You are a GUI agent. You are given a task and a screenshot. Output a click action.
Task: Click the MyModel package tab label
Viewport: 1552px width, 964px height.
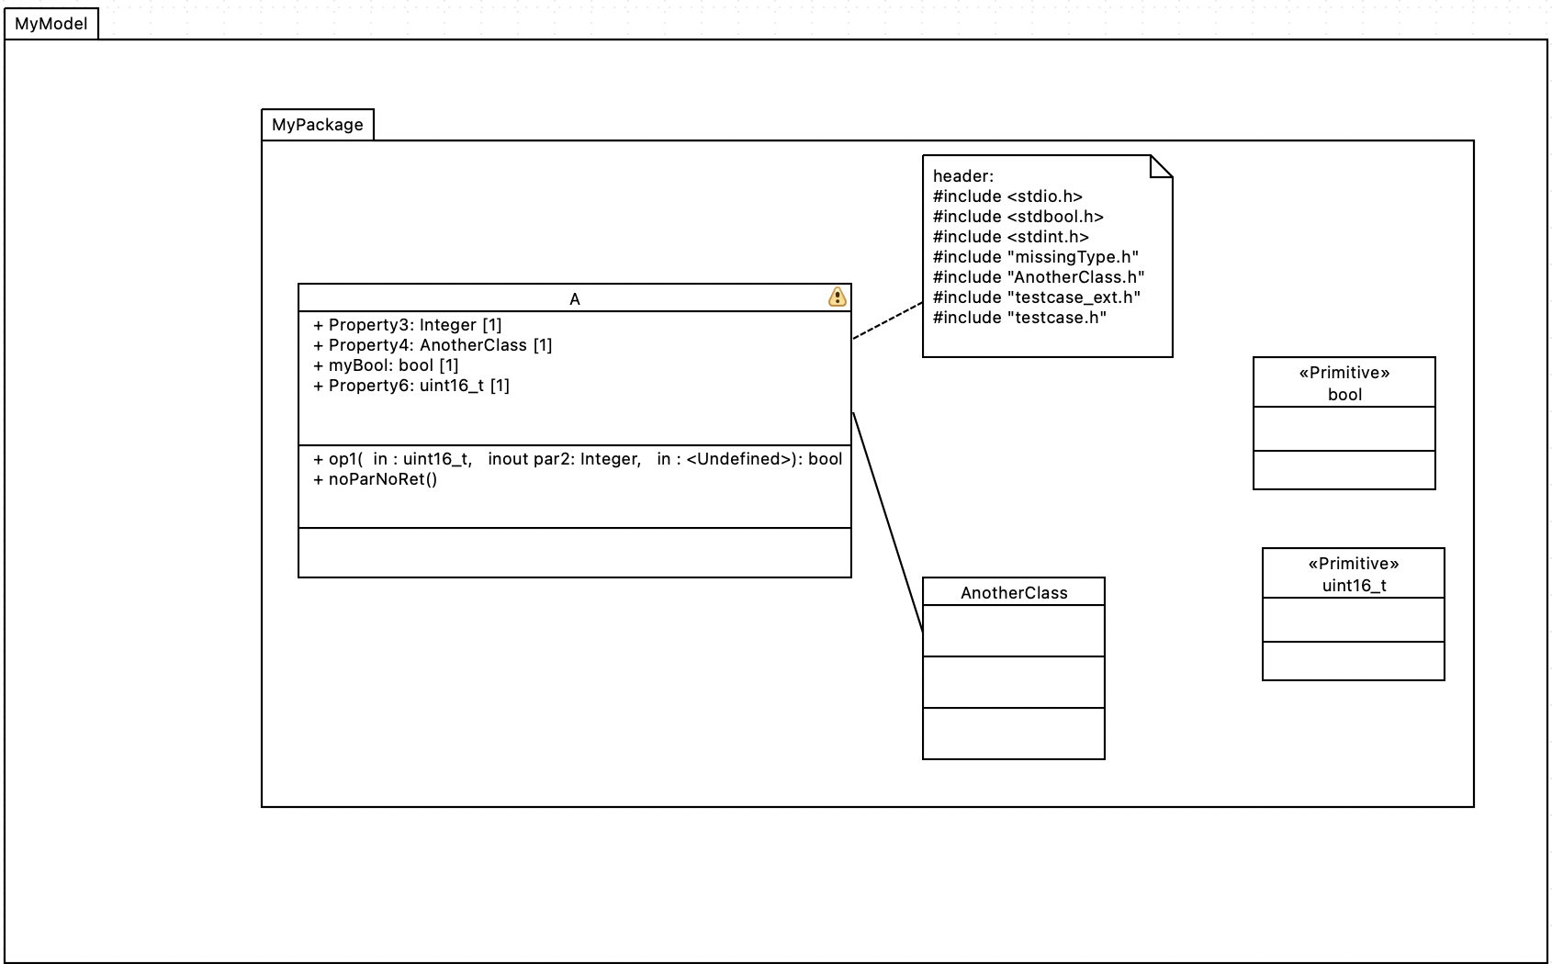click(51, 24)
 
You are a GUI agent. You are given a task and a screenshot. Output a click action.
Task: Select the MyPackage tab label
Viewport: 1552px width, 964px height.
click(317, 125)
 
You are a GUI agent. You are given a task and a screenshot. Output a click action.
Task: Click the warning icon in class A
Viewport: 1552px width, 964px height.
click(837, 297)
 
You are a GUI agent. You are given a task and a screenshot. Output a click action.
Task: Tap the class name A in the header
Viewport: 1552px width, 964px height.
click(575, 299)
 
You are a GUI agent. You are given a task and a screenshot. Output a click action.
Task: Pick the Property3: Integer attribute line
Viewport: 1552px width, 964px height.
click(408, 325)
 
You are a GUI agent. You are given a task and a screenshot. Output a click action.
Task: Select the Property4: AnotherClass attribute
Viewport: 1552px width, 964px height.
click(433, 345)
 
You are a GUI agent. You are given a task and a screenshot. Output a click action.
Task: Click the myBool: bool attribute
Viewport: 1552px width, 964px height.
click(386, 365)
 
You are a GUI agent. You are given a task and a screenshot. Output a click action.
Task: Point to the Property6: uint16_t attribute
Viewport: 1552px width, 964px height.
click(411, 386)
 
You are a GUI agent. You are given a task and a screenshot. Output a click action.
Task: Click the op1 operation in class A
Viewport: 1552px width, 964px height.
click(578, 459)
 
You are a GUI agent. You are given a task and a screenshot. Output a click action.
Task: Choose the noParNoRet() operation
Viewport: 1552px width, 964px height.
click(376, 479)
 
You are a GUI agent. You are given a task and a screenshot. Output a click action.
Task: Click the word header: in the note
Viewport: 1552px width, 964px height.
click(963, 176)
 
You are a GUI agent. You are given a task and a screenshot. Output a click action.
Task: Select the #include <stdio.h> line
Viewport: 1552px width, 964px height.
click(1007, 196)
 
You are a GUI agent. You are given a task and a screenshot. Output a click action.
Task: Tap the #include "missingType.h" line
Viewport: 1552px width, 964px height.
click(1036, 257)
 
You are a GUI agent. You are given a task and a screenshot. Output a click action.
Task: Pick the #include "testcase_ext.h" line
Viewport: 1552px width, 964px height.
click(1037, 297)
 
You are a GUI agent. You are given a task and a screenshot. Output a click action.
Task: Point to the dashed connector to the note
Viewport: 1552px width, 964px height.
click(887, 321)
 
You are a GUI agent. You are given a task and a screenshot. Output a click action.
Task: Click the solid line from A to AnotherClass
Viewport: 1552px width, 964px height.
click(887, 521)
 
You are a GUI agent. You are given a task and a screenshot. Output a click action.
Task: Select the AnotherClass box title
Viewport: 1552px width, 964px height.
click(1014, 593)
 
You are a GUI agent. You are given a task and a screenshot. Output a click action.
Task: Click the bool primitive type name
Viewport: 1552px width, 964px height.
click(1344, 395)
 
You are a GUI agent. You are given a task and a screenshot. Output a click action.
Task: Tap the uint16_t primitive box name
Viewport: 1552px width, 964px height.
click(1354, 586)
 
